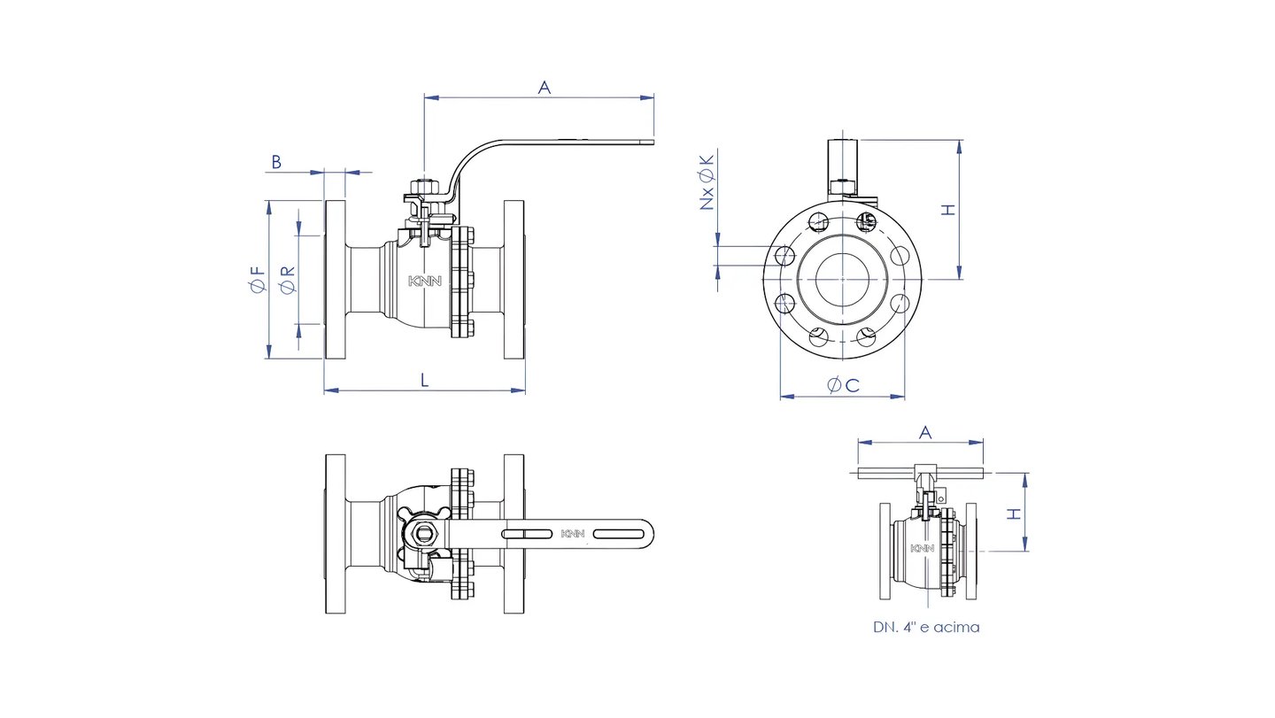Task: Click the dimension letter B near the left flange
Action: point(276,162)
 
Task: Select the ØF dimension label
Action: point(258,280)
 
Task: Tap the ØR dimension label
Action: point(289,280)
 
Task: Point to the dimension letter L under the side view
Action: point(425,380)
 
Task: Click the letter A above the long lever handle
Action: point(545,88)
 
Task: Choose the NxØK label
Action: point(707,182)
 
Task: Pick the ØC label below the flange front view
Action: point(843,385)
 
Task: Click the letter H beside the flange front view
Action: point(947,210)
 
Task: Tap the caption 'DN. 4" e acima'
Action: point(926,627)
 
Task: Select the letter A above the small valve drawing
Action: point(925,433)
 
